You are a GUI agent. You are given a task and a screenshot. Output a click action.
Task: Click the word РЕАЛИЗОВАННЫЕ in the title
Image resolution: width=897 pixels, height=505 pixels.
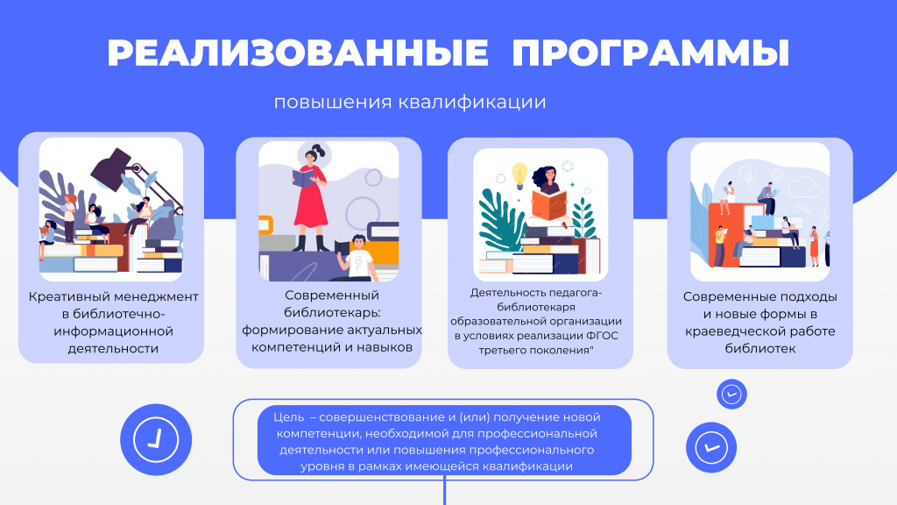(298, 53)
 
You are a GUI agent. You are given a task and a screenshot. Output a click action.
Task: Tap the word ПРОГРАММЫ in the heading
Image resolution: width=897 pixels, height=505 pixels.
(650, 53)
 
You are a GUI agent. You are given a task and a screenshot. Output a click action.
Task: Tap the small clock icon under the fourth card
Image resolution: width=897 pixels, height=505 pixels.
(731, 394)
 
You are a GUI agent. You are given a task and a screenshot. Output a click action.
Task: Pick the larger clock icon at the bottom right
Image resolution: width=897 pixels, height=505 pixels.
(711, 448)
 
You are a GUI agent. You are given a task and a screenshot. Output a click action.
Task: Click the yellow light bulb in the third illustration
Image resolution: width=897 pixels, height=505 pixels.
(519, 174)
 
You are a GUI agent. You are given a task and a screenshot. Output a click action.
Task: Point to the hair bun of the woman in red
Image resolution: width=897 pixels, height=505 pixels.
(320, 150)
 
